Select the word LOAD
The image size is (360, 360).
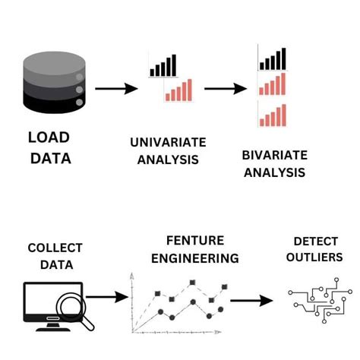(49, 137)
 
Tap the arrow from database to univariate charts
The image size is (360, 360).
(116, 88)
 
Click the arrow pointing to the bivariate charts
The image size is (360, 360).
(226, 88)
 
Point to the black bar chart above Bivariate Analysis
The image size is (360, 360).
(273, 58)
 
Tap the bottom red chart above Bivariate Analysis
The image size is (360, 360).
(273, 115)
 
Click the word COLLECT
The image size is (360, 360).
(55, 248)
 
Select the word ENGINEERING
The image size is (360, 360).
(194, 258)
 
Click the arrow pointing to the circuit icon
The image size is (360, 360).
(252, 301)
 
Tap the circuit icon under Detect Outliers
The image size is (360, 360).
(311, 301)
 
